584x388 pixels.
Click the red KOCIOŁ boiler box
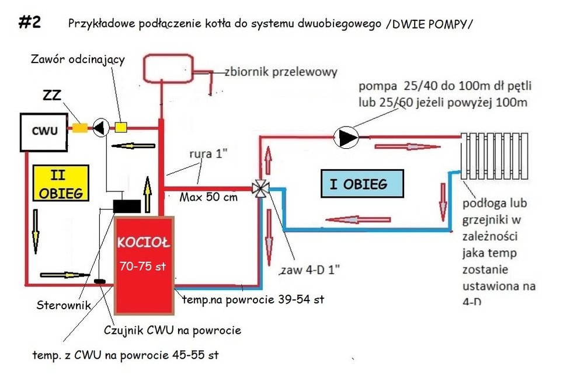[144, 264]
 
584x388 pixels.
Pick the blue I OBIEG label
[362, 184]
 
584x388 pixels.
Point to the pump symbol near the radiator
[346, 137]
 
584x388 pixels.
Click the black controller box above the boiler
[127, 205]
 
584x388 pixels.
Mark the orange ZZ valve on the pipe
[79, 127]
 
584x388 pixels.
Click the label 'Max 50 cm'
[209, 198]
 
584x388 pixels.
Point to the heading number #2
[29, 22]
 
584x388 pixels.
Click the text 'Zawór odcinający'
[78, 60]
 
